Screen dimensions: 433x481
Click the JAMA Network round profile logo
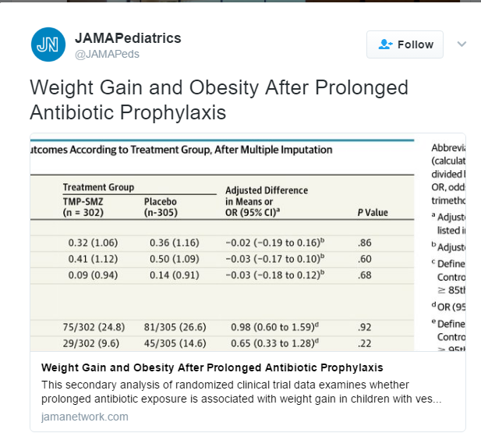tap(48, 44)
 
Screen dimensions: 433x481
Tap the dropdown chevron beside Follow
tap(462, 44)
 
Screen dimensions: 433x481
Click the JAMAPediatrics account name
tap(128, 37)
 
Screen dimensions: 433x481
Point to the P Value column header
tap(372, 212)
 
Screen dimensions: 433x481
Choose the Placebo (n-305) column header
tap(167, 207)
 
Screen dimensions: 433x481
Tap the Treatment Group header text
tap(98, 187)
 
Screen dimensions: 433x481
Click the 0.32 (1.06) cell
tap(93, 242)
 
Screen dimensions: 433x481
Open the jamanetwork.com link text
tap(85, 417)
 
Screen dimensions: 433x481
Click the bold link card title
tap(211, 367)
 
